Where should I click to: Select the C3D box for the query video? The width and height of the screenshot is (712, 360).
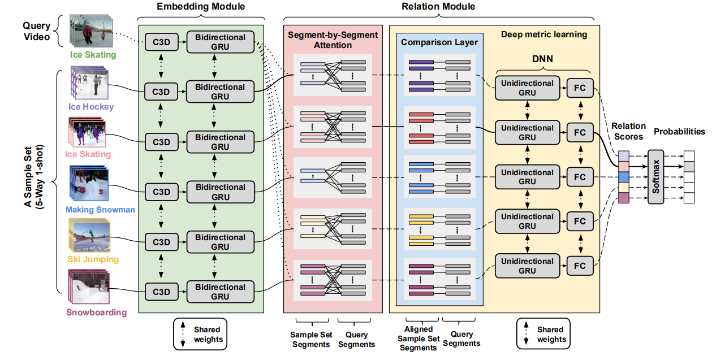click(x=161, y=42)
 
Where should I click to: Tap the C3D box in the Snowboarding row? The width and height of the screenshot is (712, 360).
click(x=161, y=292)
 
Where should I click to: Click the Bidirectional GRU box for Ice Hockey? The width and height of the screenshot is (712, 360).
click(x=220, y=92)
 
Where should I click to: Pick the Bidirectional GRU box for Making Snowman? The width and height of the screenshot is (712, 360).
click(x=220, y=192)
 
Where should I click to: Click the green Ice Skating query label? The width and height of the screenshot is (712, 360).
click(x=93, y=55)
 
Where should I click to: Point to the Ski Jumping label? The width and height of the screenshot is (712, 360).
click(x=93, y=259)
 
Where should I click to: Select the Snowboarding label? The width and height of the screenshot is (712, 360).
click(x=96, y=312)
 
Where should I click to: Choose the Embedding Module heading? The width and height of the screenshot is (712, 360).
click(x=201, y=7)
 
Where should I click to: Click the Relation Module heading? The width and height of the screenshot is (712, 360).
click(x=438, y=7)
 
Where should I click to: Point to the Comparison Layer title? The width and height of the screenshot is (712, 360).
click(x=439, y=42)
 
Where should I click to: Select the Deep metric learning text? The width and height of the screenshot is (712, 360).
click(x=543, y=34)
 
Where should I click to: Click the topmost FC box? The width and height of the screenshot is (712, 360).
click(x=580, y=88)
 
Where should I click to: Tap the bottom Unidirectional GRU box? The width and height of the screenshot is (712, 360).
click(x=527, y=266)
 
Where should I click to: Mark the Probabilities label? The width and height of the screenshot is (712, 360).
click(x=679, y=132)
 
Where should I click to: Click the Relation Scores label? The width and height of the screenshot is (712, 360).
click(x=628, y=132)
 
